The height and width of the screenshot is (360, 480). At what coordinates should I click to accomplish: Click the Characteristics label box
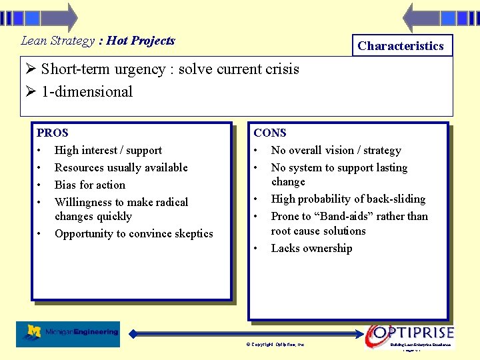coord(400,46)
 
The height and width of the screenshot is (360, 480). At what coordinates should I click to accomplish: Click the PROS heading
coord(53,133)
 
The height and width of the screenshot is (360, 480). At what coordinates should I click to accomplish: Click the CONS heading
coord(270,133)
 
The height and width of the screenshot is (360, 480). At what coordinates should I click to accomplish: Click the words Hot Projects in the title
coord(141,41)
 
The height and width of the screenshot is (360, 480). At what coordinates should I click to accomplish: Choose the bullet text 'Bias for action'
coord(89,185)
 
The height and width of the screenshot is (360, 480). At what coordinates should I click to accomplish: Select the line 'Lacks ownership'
coord(311,248)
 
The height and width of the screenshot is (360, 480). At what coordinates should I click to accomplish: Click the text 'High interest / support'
coord(108,150)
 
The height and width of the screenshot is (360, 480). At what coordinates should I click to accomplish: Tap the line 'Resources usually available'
coord(121,167)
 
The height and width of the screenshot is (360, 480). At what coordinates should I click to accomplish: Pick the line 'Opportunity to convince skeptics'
coord(133,233)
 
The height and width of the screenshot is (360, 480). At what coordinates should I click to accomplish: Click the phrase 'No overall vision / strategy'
coord(336,150)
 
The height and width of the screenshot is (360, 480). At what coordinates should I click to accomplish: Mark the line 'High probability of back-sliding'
coord(348,199)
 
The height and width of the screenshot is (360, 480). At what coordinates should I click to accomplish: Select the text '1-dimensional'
coord(87,92)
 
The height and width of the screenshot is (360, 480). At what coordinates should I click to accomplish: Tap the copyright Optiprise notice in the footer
coord(275,344)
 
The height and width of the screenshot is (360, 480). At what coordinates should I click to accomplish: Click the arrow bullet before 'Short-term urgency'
coord(30,69)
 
